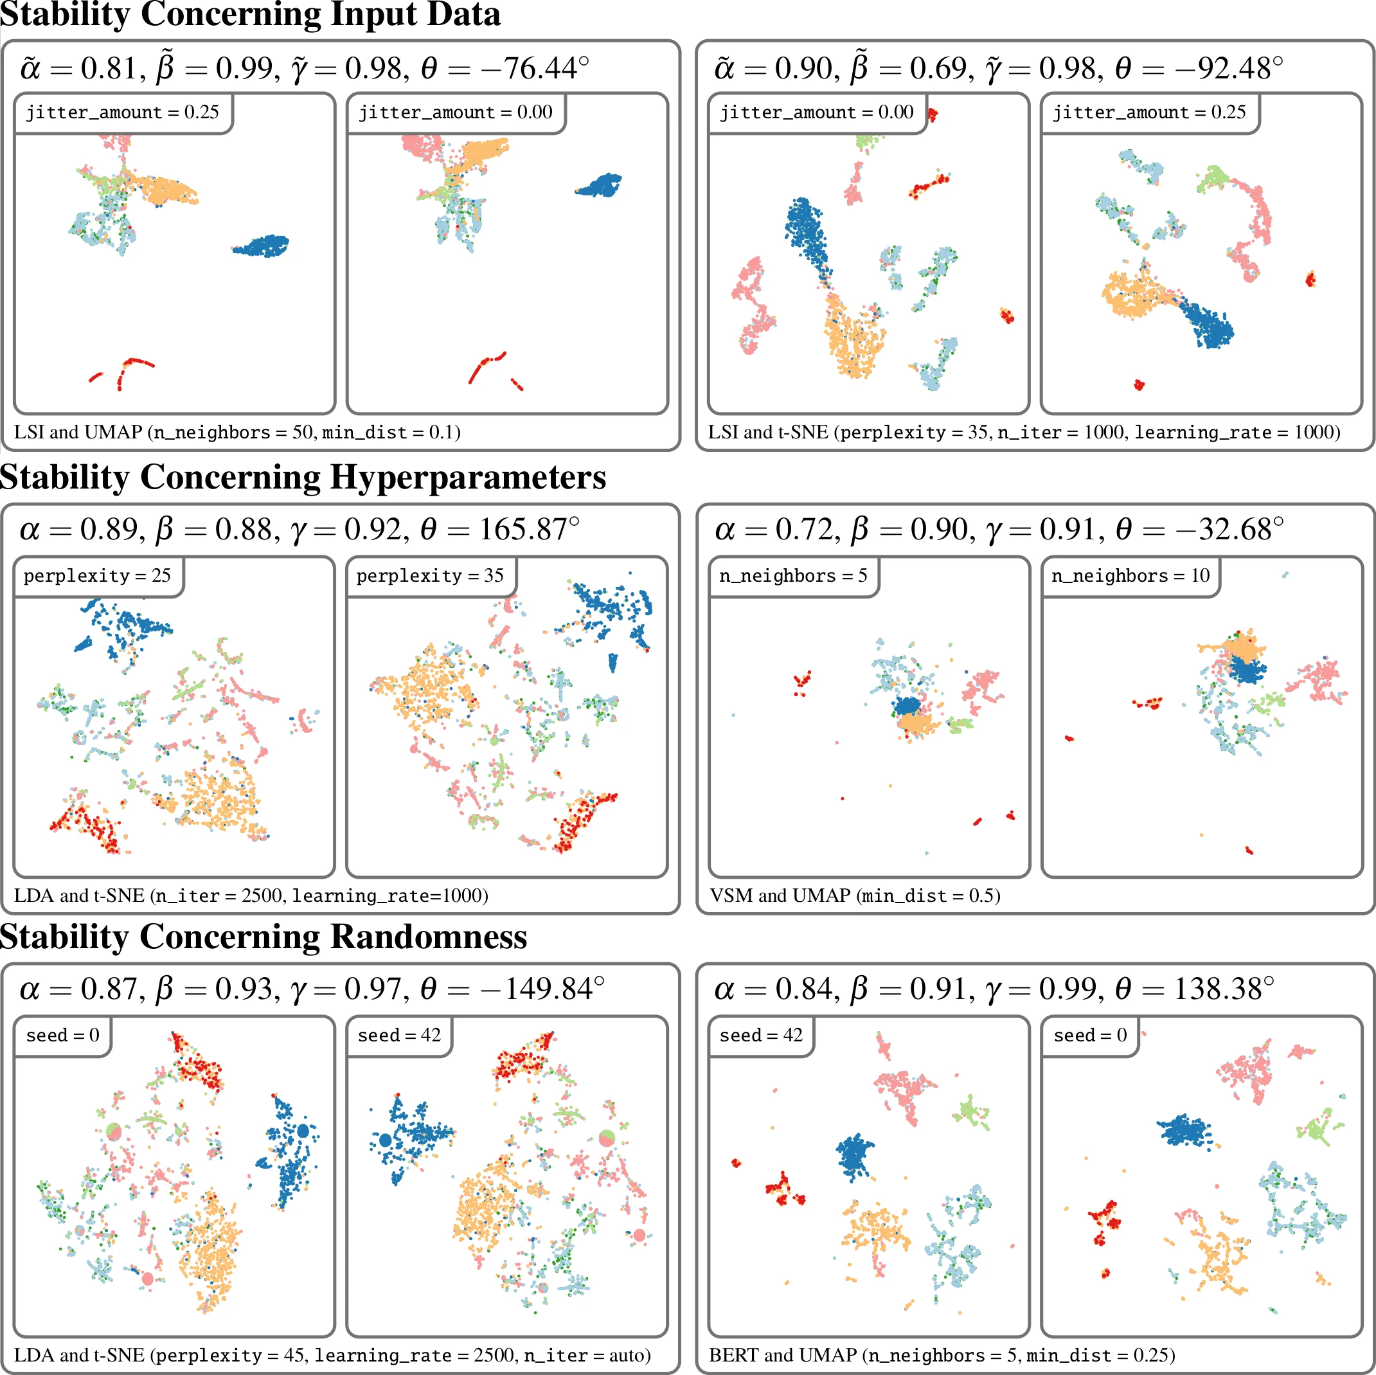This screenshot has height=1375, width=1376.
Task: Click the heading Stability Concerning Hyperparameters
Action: [303, 478]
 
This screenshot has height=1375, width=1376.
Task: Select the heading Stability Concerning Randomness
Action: [264, 937]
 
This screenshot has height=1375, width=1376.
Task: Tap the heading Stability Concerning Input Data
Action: [251, 14]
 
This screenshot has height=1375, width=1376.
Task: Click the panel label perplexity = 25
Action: [98, 575]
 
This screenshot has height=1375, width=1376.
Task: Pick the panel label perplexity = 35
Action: [430, 575]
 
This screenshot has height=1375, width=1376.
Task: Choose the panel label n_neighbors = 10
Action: [1130, 575]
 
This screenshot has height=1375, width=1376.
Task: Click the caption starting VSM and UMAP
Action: [855, 895]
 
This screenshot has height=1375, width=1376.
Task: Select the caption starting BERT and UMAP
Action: [942, 1355]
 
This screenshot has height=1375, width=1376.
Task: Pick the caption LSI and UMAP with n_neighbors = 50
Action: [237, 433]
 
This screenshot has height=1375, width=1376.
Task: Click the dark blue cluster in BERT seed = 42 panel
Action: [855, 1154]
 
